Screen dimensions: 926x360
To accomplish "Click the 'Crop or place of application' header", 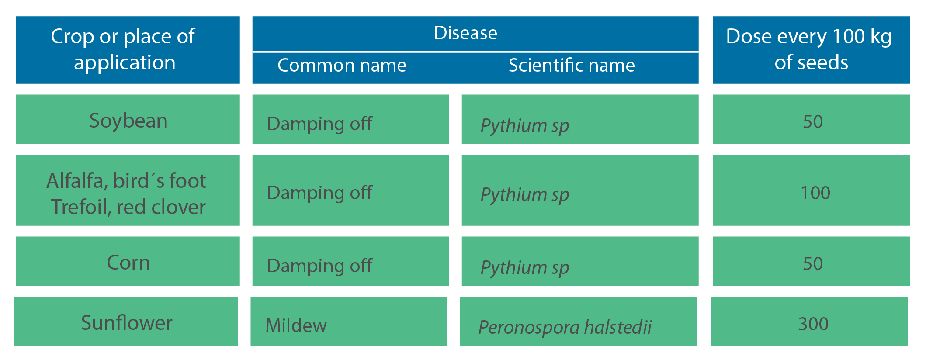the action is tap(123, 49).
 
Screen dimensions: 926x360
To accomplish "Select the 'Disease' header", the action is tap(465, 33).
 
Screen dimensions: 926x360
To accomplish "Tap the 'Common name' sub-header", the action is tap(342, 66).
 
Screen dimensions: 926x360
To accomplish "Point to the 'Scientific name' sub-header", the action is tap(572, 66).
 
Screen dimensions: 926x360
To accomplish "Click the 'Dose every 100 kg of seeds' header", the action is tap(809, 49).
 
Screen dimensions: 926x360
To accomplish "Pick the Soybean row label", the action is tap(128, 121).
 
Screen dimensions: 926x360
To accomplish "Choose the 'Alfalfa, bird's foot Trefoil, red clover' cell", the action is tap(127, 194).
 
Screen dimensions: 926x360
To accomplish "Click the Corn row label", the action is tap(128, 263).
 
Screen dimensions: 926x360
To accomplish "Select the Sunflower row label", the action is tap(127, 323).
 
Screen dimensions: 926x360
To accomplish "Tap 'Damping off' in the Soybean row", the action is tap(319, 124).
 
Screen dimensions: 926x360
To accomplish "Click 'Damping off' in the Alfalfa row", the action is tap(319, 193).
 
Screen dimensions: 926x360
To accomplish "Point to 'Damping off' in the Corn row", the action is tap(319, 266).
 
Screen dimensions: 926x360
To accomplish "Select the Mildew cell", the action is tap(296, 325).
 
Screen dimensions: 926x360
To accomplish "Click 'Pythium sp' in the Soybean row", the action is tap(525, 126).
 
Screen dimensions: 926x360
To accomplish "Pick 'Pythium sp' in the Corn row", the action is tap(525, 268).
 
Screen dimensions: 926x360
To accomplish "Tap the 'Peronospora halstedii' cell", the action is tap(565, 327).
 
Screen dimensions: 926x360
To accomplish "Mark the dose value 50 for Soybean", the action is tap(813, 121).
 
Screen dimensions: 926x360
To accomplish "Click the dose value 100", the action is tap(815, 193).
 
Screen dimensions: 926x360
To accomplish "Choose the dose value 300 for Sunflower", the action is tap(813, 324).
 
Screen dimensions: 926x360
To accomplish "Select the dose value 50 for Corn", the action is tap(813, 263).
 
